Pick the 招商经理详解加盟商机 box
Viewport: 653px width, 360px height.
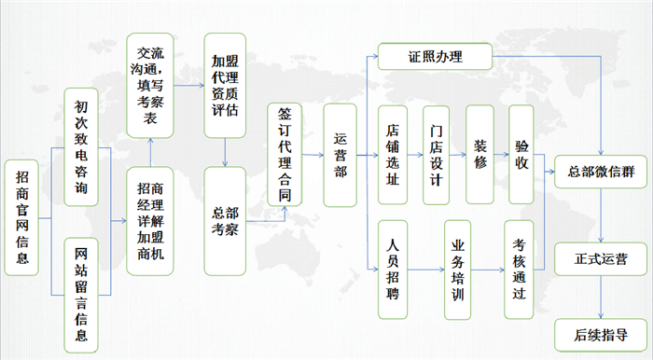pos(149,221)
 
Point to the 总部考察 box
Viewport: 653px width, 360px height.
pos(224,220)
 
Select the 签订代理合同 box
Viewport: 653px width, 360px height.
pos(285,154)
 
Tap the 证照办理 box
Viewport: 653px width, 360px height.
pos(434,58)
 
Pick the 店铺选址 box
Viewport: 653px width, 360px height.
pos(393,154)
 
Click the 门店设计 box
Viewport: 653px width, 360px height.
pos(437,154)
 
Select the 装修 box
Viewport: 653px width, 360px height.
pos(479,154)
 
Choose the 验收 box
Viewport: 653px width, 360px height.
pos(521,154)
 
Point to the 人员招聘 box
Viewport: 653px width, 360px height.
pos(393,267)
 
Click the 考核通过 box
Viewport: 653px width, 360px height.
pos(521,268)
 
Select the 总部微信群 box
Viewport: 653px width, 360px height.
pos(601,171)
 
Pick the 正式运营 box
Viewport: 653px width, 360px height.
pos(601,256)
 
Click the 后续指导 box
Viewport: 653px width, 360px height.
pos(601,333)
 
